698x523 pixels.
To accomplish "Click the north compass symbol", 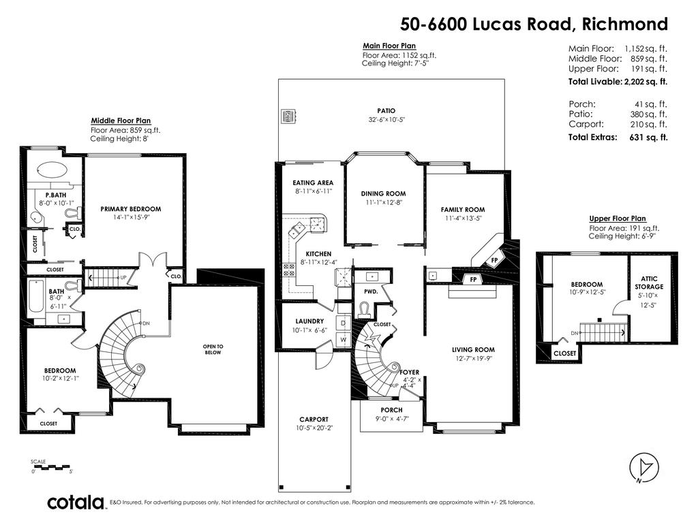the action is pyautogui.click(x=643, y=468).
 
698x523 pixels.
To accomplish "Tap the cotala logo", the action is pyautogui.click(x=76, y=503).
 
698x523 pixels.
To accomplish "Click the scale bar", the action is pyautogui.click(x=51, y=467).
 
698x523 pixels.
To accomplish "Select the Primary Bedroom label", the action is pyautogui.click(x=130, y=209).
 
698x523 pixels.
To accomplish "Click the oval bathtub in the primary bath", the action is pyautogui.click(x=52, y=170).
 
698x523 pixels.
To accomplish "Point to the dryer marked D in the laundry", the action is pyautogui.click(x=344, y=323).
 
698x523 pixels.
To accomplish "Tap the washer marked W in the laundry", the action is pyautogui.click(x=344, y=339).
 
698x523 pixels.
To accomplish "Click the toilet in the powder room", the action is pyautogui.click(x=365, y=309).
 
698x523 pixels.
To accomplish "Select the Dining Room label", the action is pyautogui.click(x=383, y=194).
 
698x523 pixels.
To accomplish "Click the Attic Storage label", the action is pyautogui.click(x=649, y=283).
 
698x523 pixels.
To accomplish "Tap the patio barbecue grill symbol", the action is pyautogui.click(x=288, y=116).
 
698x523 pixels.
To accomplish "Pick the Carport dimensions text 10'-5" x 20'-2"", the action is pyautogui.click(x=314, y=428).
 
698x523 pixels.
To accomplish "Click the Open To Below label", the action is pyautogui.click(x=213, y=349).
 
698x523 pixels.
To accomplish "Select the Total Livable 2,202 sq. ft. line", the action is pyautogui.click(x=618, y=82).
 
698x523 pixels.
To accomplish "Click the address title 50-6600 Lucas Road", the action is pyautogui.click(x=485, y=24).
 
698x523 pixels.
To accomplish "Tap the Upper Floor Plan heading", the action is pyautogui.click(x=618, y=219).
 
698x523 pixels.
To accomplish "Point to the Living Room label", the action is pyautogui.click(x=473, y=350).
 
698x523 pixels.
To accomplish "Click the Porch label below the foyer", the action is pyautogui.click(x=391, y=410).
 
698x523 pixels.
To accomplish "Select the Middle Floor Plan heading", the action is pyautogui.click(x=121, y=121).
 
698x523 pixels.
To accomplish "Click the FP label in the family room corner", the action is pyautogui.click(x=494, y=260).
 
